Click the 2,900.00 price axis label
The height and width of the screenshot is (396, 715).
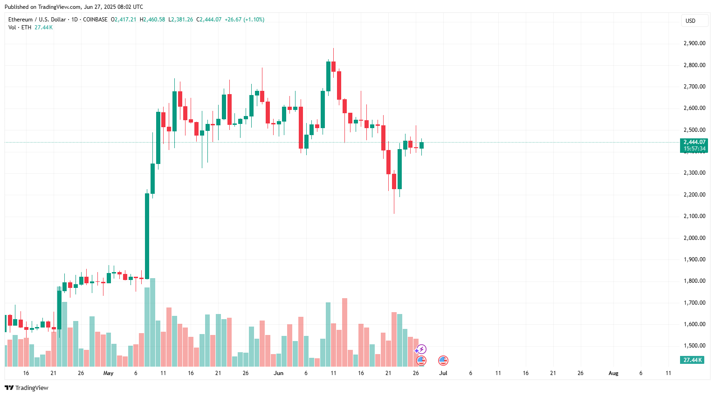694,43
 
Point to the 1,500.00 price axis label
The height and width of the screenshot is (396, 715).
694,346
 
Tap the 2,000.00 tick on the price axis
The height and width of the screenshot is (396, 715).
694,238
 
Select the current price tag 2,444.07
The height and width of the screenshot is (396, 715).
694,142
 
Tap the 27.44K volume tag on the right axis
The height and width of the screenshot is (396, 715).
693,360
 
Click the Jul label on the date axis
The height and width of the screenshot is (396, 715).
443,373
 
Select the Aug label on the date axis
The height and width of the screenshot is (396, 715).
613,373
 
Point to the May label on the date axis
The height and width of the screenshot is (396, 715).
108,373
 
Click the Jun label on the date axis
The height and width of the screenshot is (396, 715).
278,373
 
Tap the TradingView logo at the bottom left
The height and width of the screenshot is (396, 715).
27,388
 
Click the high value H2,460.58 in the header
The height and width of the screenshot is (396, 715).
152,20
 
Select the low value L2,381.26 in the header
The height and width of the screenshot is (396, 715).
180,20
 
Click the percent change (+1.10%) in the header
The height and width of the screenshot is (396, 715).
251,20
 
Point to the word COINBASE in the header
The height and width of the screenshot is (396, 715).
95,20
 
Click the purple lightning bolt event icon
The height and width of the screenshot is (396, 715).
421,349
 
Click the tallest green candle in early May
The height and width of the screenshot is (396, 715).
147,236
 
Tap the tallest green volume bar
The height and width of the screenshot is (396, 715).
152,322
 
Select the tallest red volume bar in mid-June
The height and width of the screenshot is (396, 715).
344,332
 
